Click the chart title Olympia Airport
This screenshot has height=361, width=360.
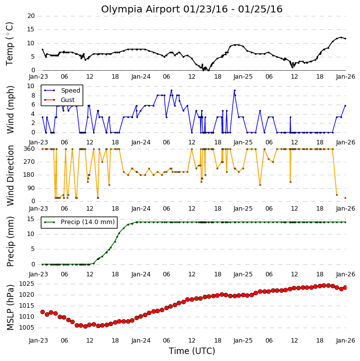[x=140, y=9]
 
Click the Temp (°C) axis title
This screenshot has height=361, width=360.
[x=9, y=44]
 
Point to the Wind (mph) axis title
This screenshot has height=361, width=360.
[x=10, y=110]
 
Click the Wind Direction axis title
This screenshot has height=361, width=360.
[x=10, y=175]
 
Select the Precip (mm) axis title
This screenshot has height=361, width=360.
[x=10, y=241]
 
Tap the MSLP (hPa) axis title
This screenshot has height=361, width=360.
[x=10, y=307]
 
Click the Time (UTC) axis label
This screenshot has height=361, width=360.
[x=192, y=351]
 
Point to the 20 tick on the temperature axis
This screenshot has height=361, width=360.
[x=31, y=16]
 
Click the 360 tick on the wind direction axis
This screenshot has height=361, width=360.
[x=29, y=149]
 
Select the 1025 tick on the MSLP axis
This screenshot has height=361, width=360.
[x=26, y=284]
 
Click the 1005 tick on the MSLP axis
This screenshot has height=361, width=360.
[x=26, y=328]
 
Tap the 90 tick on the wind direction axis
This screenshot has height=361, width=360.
[x=31, y=188]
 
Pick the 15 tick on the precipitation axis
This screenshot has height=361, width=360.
[x=31, y=219]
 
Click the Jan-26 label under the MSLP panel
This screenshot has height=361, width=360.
[x=346, y=340]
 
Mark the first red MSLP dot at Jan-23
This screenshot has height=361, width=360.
[x=43, y=312]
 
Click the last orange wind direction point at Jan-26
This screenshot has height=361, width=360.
[x=345, y=198]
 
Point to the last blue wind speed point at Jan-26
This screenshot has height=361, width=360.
[x=345, y=106]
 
